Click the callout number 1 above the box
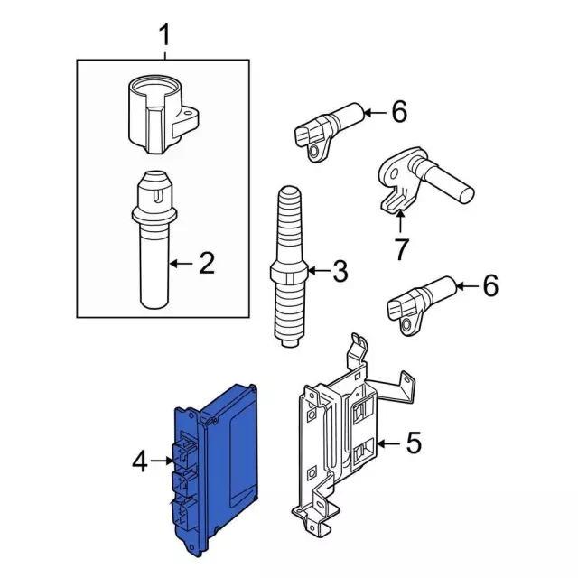click(x=164, y=34)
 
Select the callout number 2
click(x=207, y=263)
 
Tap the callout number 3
click(x=340, y=271)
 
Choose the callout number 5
click(x=414, y=443)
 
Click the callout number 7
click(x=401, y=249)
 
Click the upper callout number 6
click(x=399, y=111)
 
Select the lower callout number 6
click(x=490, y=285)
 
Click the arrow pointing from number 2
click(x=182, y=263)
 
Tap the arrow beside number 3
click(x=318, y=271)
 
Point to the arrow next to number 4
click(x=162, y=461)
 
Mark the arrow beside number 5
click(x=389, y=443)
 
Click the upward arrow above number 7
click(x=400, y=220)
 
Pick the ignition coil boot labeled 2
click(x=154, y=239)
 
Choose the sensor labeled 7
click(x=424, y=181)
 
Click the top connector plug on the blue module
click(x=184, y=452)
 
